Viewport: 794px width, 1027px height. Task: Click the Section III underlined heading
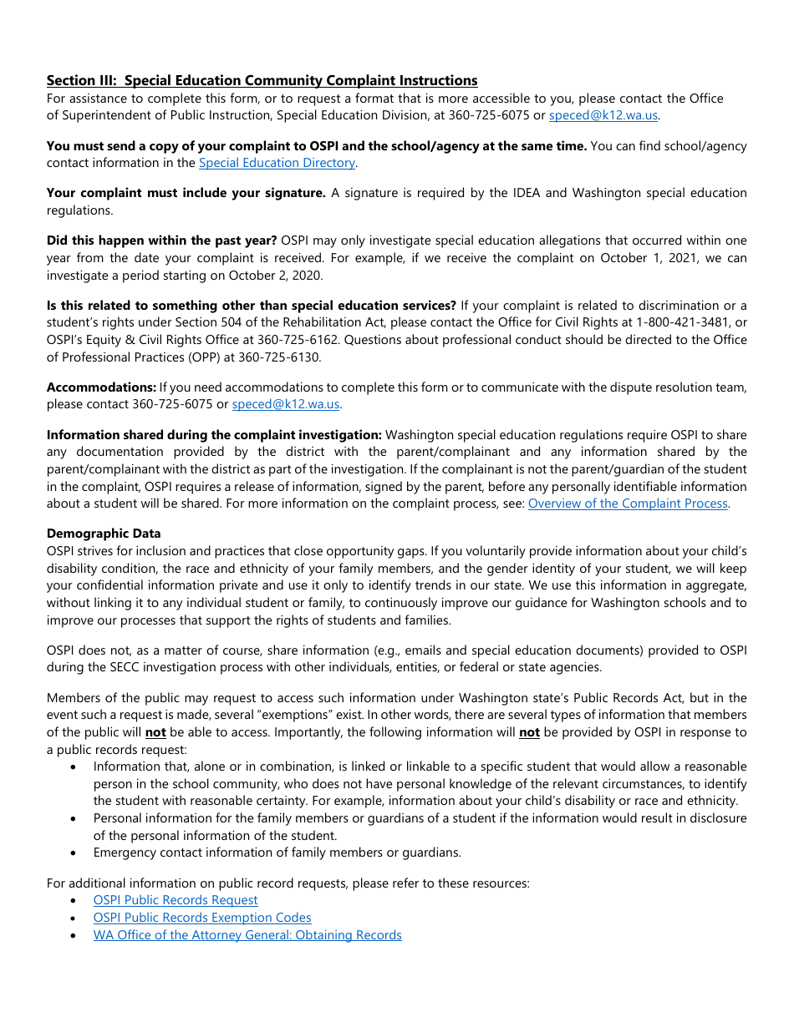[x=262, y=80]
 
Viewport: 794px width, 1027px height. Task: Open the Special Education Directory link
[x=277, y=163]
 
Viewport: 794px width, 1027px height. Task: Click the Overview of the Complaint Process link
[x=628, y=503]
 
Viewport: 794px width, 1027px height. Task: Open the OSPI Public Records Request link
[x=176, y=900]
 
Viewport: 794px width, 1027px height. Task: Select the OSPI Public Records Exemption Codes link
[x=202, y=918]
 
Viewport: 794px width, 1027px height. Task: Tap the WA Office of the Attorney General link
[x=247, y=935]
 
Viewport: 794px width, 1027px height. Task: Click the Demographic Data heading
[x=104, y=534]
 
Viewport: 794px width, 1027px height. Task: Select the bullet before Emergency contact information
[x=75, y=852]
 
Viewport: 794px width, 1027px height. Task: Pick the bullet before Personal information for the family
[x=75, y=818]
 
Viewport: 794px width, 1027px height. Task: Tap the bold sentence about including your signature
[x=186, y=193]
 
